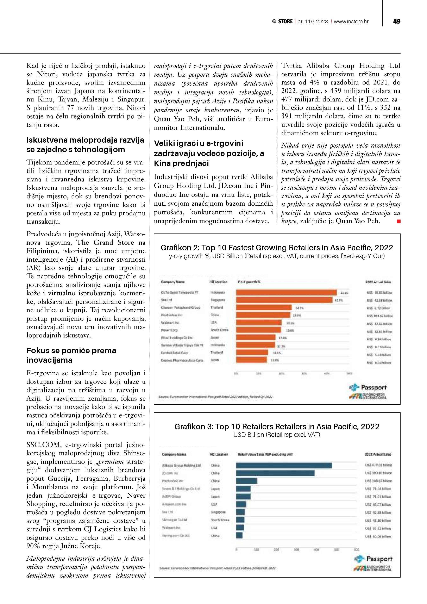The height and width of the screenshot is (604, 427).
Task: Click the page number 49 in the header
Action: coord(396,21)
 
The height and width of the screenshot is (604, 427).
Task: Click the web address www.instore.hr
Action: coord(351,21)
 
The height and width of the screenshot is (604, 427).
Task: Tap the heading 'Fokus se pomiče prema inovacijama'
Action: coord(71,355)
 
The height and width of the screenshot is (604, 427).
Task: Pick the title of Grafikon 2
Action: coord(277,248)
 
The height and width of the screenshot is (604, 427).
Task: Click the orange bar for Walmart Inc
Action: coord(259,323)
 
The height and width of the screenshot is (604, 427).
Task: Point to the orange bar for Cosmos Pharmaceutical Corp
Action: coord(251,360)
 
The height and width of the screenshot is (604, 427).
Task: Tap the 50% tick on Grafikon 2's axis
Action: coord(350,373)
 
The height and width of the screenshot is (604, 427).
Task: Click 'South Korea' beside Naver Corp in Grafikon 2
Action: coord(219,330)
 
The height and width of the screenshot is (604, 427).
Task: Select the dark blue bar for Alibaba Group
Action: coord(284,465)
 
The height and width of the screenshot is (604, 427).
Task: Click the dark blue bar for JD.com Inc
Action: coord(275,473)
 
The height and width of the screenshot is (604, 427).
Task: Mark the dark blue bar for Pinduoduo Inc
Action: coord(247,481)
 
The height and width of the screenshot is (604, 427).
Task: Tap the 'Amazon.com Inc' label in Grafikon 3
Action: coord(174,504)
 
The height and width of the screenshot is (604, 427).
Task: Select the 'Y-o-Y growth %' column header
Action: coord(249,282)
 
